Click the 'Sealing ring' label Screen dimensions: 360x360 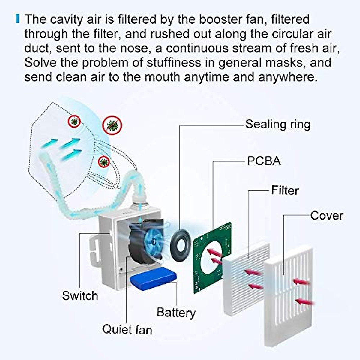pyautogui.click(x=278, y=124)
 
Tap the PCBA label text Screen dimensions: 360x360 pyautogui.click(x=264, y=161)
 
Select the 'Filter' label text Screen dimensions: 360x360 pyautogui.click(x=285, y=190)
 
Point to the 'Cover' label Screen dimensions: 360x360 pyautogui.click(x=327, y=216)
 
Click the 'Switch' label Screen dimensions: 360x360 pyautogui.click(x=80, y=296)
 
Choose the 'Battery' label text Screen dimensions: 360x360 pyautogui.click(x=176, y=313)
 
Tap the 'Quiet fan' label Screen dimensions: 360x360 pyautogui.click(x=127, y=329)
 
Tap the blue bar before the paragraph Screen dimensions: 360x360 pyautogui.click(x=18, y=19)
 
